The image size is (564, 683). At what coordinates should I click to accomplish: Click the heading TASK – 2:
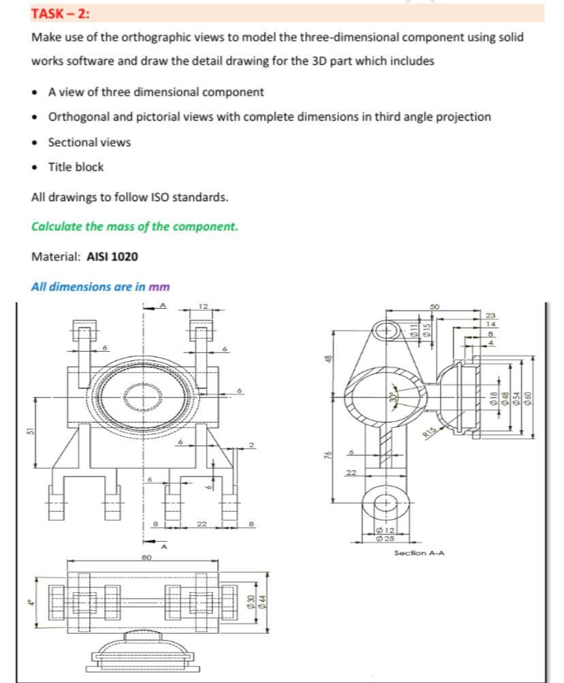tap(60, 13)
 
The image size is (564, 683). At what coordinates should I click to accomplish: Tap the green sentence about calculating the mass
tap(135, 226)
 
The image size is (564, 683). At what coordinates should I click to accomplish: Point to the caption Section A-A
tap(419, 553)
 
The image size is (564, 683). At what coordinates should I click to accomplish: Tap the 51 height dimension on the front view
tap(29, 431)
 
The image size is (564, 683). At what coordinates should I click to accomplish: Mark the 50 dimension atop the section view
tap(434, 307)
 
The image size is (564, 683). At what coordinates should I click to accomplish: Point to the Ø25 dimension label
tap(385, 538)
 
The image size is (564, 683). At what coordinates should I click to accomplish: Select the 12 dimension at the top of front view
tap(203, 305)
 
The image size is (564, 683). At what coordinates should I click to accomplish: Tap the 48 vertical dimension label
tap(328, 358)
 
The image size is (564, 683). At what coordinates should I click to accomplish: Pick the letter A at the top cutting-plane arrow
tap(162, 305)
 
